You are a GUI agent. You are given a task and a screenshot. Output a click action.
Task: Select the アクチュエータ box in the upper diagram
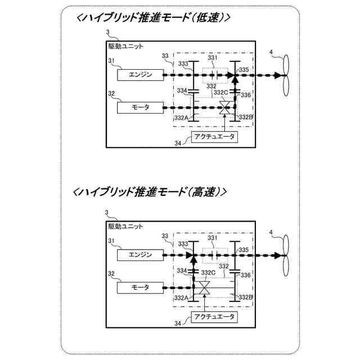214,137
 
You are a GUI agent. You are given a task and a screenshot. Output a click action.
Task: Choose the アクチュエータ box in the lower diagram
214,317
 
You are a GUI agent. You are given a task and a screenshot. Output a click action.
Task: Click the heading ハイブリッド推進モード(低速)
152,17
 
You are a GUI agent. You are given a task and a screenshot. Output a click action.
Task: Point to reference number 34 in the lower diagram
178,324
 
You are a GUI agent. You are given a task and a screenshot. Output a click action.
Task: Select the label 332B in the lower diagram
245,297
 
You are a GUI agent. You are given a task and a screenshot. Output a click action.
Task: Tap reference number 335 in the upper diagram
244,70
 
